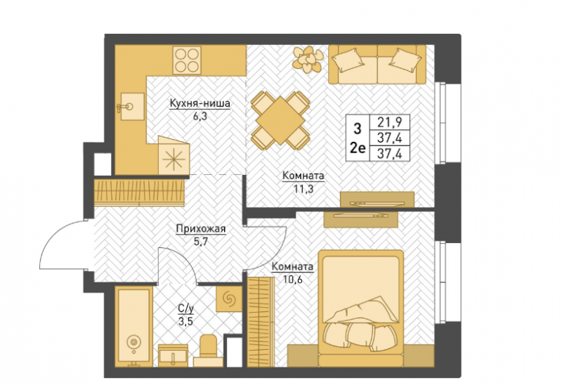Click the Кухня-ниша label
(x=200, y=103)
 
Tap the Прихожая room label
(x=200, y=229)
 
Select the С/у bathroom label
(x=185, y=308)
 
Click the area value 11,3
(x=303, y=189)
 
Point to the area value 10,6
(x=292, y=279)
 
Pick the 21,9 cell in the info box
(x=388, y=122)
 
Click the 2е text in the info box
(x=357, y=148)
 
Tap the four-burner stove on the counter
(x=187, y=60)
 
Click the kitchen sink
(x=131, y=107)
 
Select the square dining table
(x=280, y=121)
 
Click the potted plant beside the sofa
(x=308, y=59)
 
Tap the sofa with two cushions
(x=377, y=64)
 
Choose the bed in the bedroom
(x=361, y=308)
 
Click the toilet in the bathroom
(x=208, y=351)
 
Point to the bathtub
(x=133, y=327)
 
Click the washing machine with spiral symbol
(x=228, y=299)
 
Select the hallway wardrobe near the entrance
(x=139, y=193)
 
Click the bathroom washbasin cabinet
(x=173, y=355)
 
